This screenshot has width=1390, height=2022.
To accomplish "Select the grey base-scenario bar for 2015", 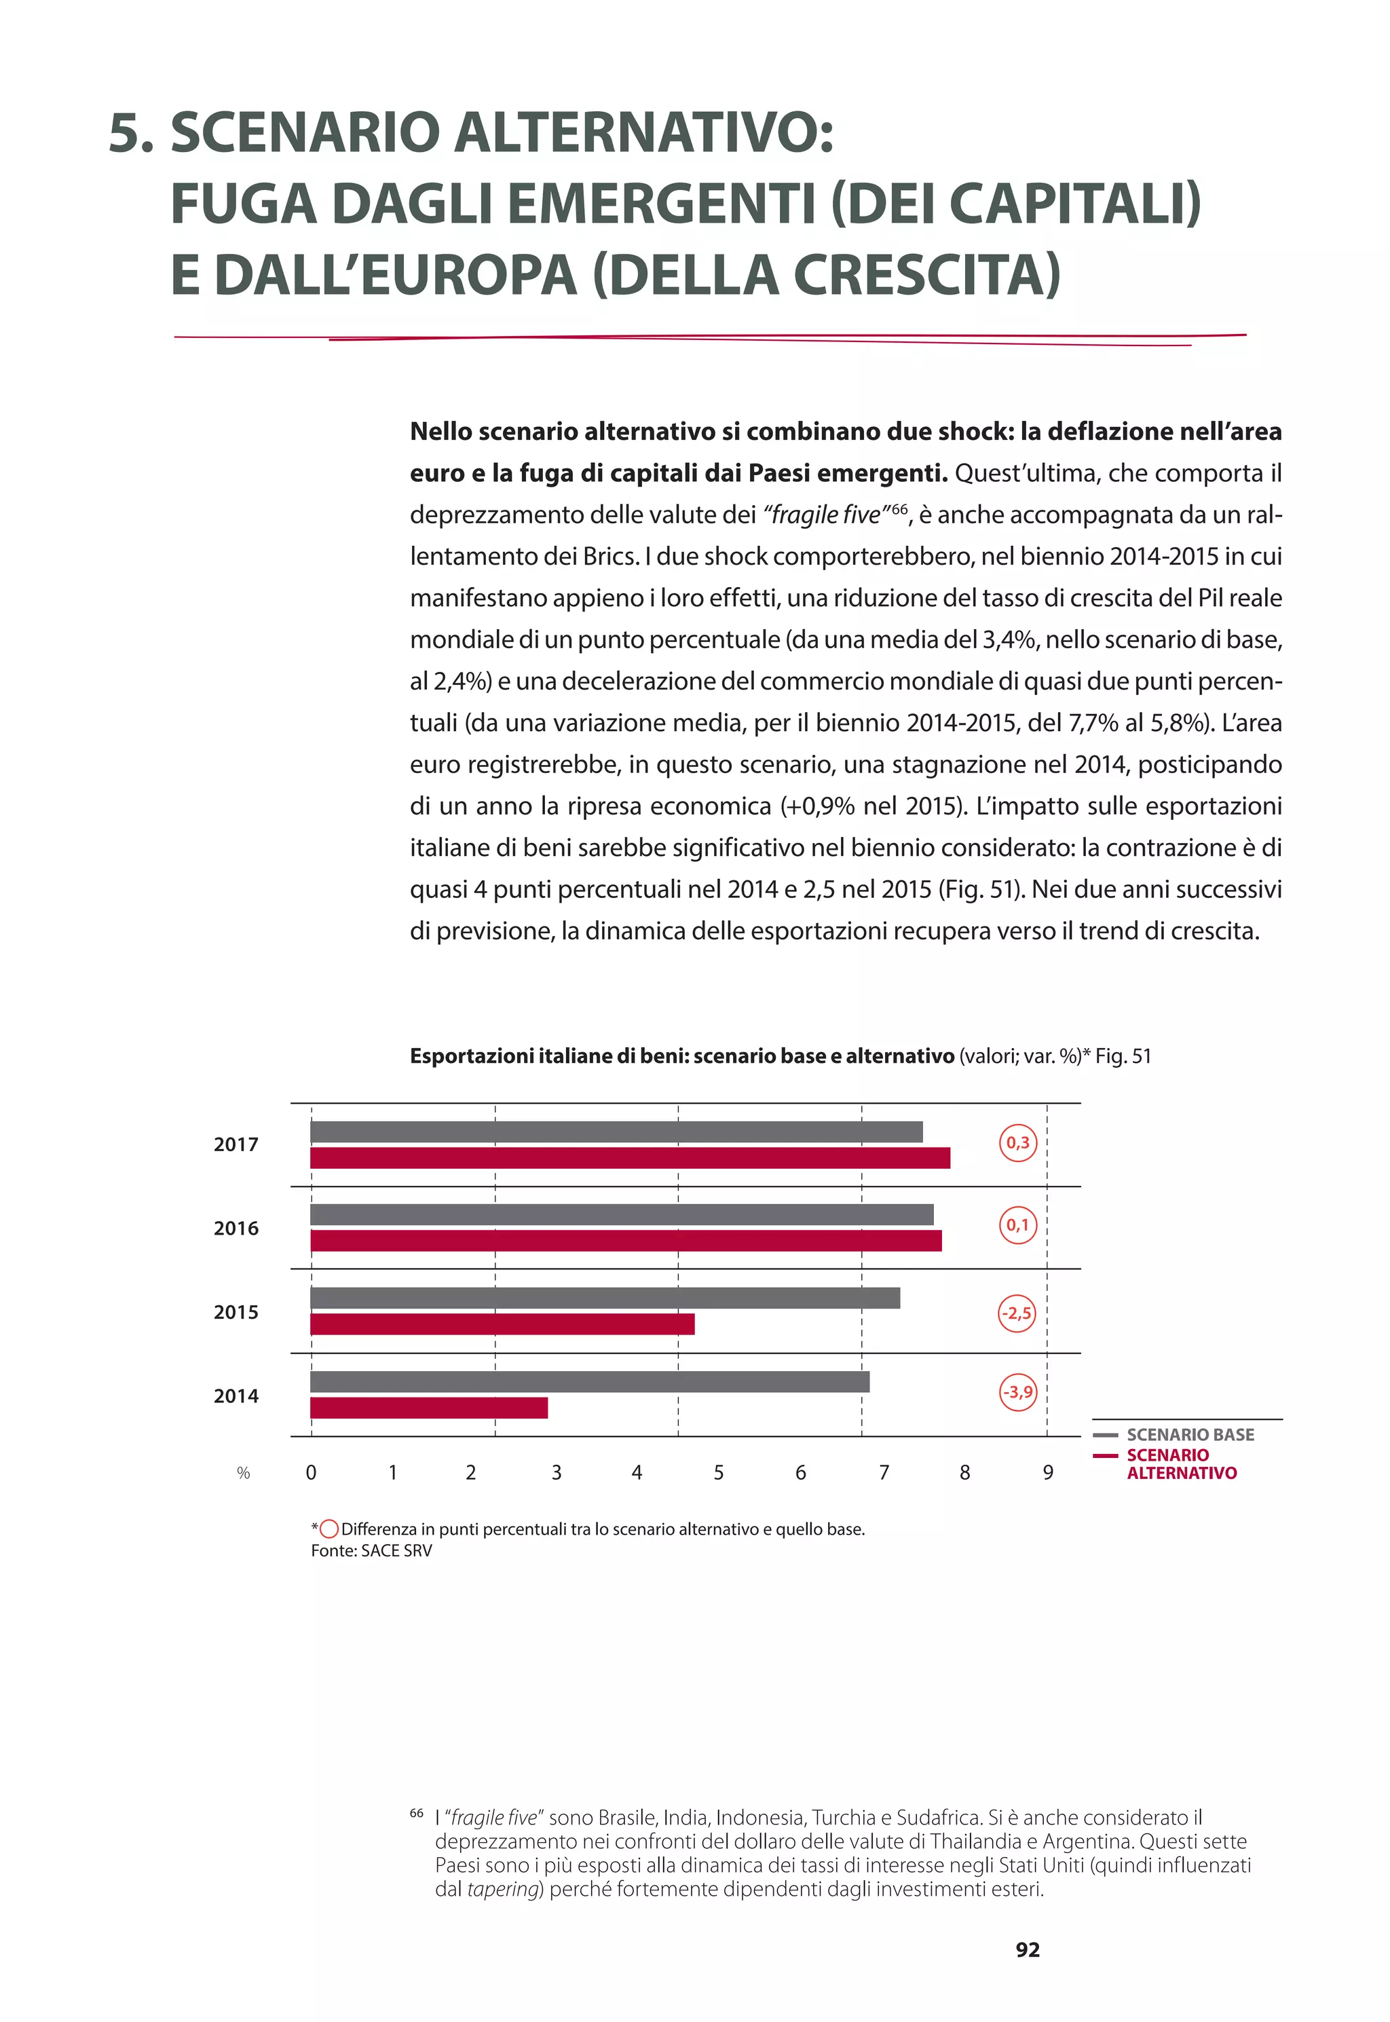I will (x=605, y=1298).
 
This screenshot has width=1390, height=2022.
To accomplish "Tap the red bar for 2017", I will (x=630, y=1157).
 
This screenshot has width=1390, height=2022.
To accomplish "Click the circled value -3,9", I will (x=1017, y=1391).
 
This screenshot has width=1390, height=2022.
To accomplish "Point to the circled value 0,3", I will (x=1017, y=1142).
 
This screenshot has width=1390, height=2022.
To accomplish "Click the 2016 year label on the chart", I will (x=236, y=1228).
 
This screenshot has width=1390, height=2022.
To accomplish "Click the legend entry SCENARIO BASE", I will (x=1190, y=1434).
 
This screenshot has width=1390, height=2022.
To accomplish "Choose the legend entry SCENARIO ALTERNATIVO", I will (x=1180, y=1464).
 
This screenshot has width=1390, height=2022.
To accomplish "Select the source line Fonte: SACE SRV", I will (x=371, y=1551).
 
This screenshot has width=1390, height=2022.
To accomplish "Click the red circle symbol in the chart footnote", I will (x=329, y=1529).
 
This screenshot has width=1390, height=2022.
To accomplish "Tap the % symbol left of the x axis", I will (x=243, y=1474).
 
